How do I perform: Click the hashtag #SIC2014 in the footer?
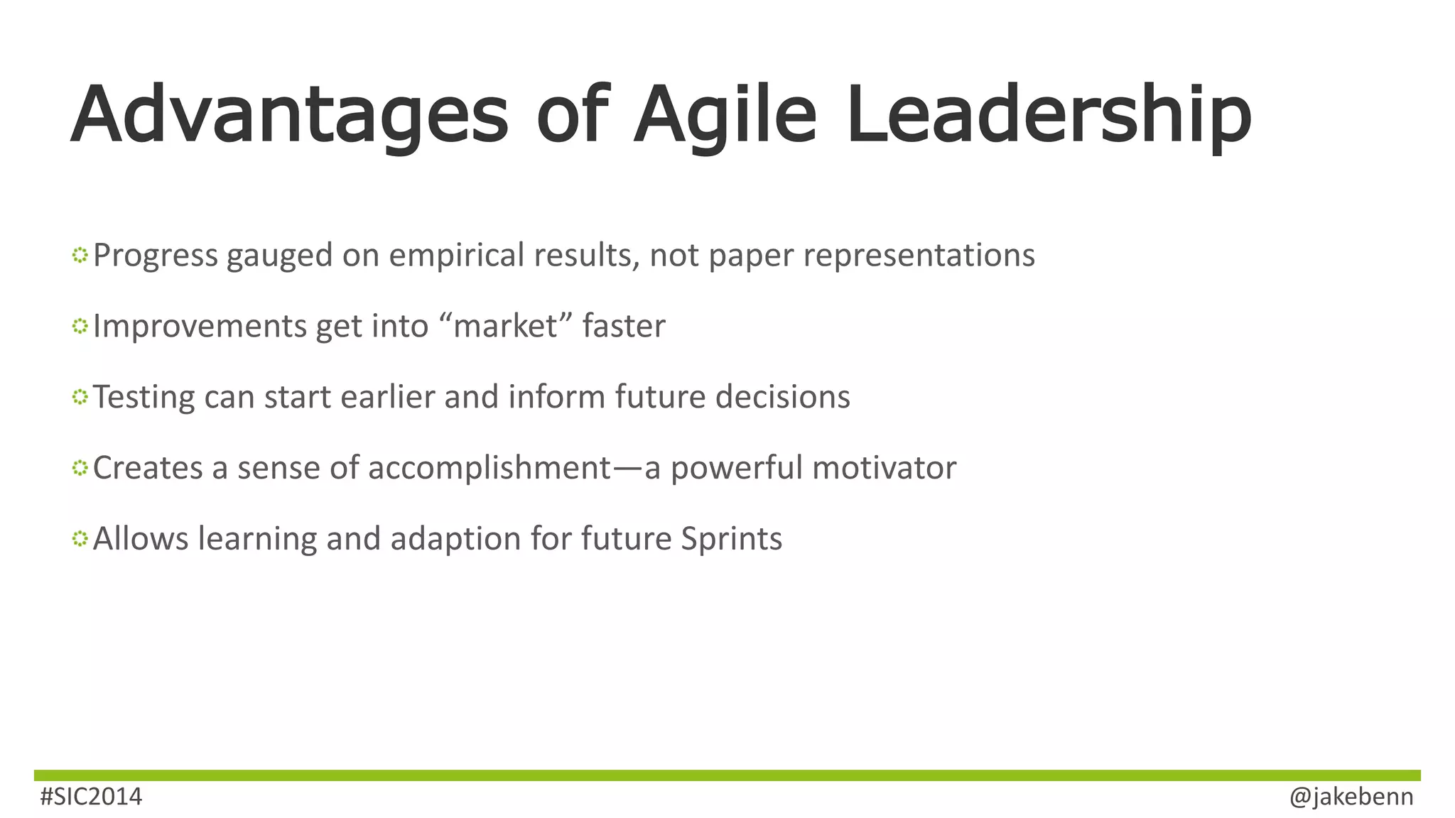pyautogui.click(x=91, y=797)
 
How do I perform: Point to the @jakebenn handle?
pyautogui.click(x=1351, y=797)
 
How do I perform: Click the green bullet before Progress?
pyautogui.click(x=80, y=255)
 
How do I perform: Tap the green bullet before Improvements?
pyautogui.click(x=80, y=326)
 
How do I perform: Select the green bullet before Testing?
pyautogui.click(x=80, y=397)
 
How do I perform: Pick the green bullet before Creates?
pyautogui.click(x=80, y=468)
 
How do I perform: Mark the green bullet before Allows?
pyautogui.click(x=80, y=539)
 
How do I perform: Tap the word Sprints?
pyautogui.click(x=731, y=539)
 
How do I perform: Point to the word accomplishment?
pyautogui.click(x=489, y=469)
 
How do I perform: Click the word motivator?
pyautogui.click(x=884, y=469)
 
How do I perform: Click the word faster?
pyautogui.click(x=624, y=327)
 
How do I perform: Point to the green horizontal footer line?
pyautogui.click(x=727, y=775)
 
